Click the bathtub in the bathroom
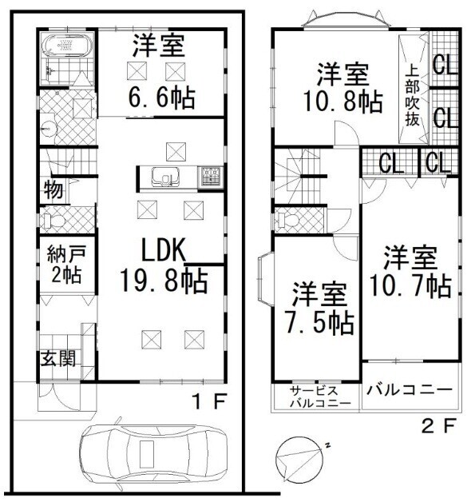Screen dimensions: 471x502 point(68,45)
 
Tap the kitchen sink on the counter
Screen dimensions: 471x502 point(165,177)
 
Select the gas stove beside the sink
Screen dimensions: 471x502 point(210,177)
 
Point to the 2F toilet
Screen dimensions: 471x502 point(288,219)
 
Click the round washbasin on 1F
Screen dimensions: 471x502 point(48,129)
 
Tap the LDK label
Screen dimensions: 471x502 point(164,250)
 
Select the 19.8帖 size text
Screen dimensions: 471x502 point(164,281)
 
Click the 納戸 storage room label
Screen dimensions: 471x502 point(66,253)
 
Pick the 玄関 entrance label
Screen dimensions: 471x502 point(58,358)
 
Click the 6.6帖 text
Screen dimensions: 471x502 point(162,98)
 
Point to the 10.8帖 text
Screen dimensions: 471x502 point(342,102)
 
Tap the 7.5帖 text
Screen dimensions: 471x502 point(320,324)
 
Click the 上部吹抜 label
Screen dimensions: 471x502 point(413,96)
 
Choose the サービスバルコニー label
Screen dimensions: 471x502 point(320,397)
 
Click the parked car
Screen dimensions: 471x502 point(153,454)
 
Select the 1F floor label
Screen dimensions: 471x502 point(209,401)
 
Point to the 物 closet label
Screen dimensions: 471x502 point(53,189)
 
